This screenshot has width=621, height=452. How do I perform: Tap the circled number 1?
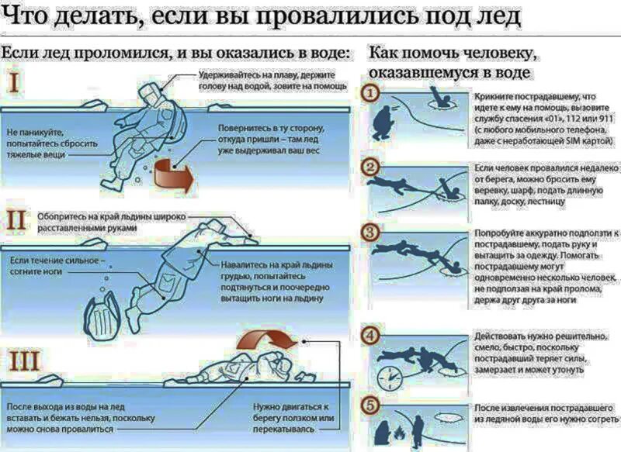tap(372, 93)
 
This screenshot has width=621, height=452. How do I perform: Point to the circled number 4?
tap(372, 335)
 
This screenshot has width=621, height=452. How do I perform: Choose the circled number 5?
tap(372, 405)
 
